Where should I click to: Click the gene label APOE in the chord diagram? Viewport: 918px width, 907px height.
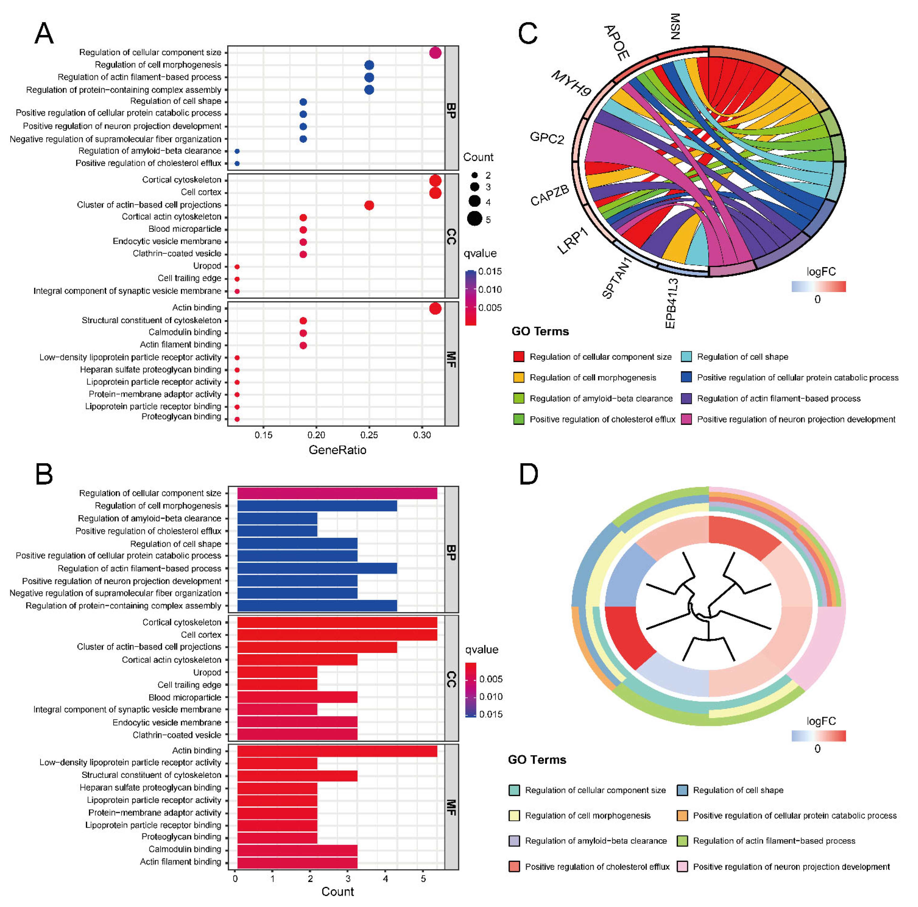click(x=616, y=43)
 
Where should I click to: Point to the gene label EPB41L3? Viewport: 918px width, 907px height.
click(x=671, y=303)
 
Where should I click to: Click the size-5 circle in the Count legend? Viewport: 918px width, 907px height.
click(x=474, y=219)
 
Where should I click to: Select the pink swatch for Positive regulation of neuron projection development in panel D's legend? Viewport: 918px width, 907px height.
click(x=682, y=867)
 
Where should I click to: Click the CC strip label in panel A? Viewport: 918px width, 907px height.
click(x=451, y=236)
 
